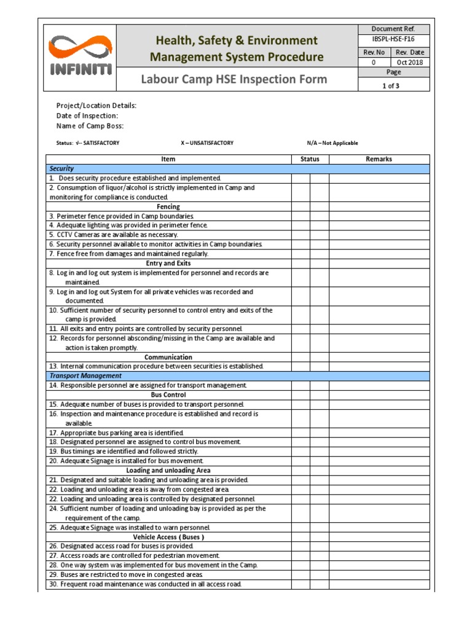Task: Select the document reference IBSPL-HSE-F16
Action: [393, 39]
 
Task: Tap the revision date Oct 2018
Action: [410, 62]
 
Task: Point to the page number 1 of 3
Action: [391, 86]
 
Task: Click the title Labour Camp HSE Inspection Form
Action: [234, 79]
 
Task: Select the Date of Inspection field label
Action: [87, 115]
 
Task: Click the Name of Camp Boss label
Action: [90, 126]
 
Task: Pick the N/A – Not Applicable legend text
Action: [332, 143]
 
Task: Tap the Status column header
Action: [310, 159]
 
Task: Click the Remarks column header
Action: [379, 159]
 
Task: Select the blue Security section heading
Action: [62, 168]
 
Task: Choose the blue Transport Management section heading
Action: [85, 375]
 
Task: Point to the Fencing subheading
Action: [168, 207]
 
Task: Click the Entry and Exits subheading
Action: [168, 263]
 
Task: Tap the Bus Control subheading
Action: [168, 394]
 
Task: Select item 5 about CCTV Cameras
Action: [114, 235]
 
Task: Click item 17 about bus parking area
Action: [116, 432]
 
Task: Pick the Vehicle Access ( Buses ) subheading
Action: [168, 537]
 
